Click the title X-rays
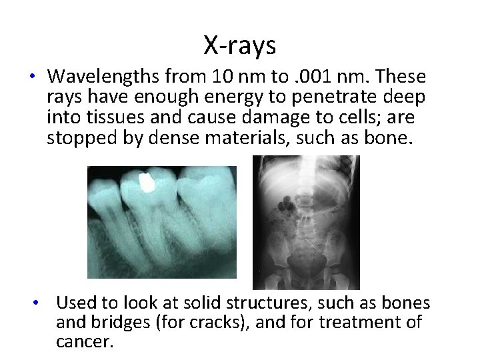click(x=239, y=45)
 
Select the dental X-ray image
click(x=161, y=221)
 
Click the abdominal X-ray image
click(x=306, y=221)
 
